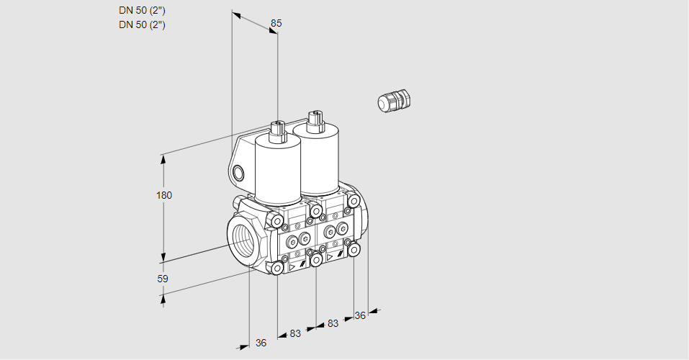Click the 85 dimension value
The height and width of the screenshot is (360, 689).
click(276, 23)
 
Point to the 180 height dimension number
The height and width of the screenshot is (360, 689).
click(164, 195)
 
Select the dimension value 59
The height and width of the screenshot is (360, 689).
click(163, 279)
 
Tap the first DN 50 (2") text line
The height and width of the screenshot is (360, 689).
click(142, 11)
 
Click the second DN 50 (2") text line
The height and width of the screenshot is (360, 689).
click(142, 24)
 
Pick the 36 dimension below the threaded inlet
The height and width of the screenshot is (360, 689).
click(261, 343)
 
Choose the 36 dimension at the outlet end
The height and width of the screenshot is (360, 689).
click(360, 315)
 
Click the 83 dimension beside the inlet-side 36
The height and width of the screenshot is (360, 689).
click(295, 333)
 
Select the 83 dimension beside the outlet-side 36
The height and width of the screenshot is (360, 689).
click(333, 323)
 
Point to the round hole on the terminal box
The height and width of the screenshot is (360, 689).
click(238, 174)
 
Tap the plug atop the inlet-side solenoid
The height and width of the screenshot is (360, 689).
click(278, 132)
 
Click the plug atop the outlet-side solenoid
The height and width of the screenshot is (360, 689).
click(315, 120)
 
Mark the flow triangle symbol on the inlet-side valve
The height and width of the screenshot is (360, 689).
click(292, 267)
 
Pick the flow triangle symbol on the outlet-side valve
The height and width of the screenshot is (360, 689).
click(330, 257)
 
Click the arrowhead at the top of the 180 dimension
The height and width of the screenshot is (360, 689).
click(164, 159)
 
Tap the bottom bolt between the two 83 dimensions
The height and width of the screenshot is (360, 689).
click(316, 260)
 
